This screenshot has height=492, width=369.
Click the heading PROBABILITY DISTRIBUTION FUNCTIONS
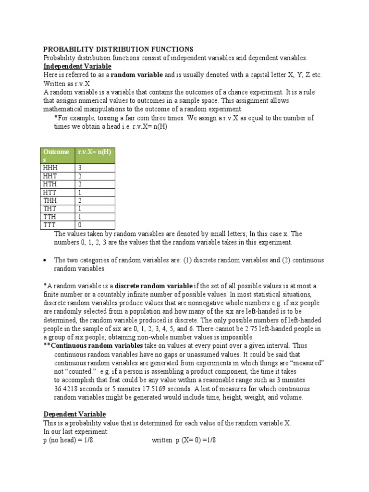pyautogui.click(x=118, y=49)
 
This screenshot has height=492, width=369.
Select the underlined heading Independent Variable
pyautogui.click(x=77, y=66)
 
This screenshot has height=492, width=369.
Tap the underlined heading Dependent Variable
pyautogui.click(x=74, y=414)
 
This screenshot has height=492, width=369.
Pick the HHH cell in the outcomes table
pyautogui.click(x=50, y=168)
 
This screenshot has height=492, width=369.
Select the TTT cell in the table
pyautogui.click(x=49, y=225)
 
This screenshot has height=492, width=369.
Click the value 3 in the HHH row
pyautogui.click(x=80, y=168)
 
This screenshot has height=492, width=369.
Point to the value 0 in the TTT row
pyautogui.click(x=80, y=225)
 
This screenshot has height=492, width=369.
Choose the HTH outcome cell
pyautogui.click(x=50, y=184)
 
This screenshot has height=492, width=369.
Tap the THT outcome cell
pyautogui.click(x=50, y=209)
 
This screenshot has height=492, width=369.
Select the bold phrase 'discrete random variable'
pyautogui.click(x=154, y=286)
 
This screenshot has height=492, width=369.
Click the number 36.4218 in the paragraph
pyautogui.click(x=66, y=389)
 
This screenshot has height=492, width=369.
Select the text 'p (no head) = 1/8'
pyautogui.click(x=68, y=440)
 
